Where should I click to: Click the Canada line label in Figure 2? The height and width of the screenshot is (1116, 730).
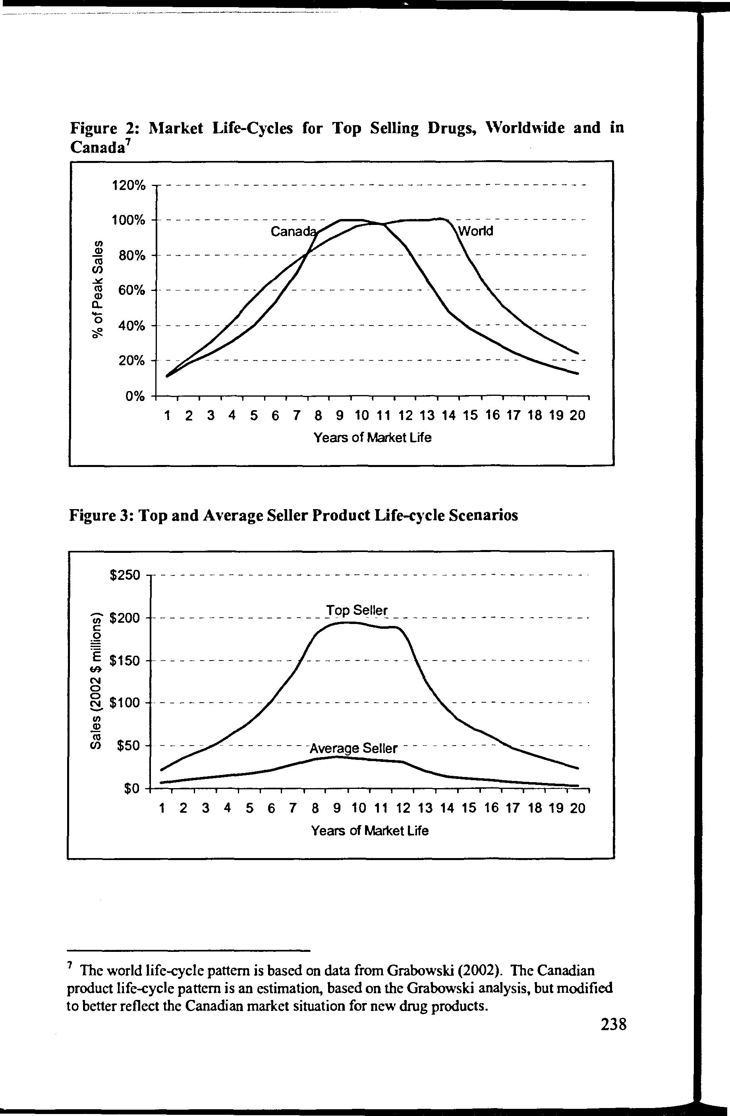pos(292,232)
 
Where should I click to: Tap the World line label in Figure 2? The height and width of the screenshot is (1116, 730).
pos(475,231)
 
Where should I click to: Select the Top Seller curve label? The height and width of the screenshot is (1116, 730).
pos(357,610)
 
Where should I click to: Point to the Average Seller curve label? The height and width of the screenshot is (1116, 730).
pos(353,748)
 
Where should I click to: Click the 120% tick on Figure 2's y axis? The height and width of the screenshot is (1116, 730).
pos(128,186)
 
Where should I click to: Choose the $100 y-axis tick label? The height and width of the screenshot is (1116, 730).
pos(125,703)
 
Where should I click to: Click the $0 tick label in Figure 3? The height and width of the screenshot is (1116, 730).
pos(132,790)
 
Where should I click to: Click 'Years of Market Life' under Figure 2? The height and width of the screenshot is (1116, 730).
pos(372,438)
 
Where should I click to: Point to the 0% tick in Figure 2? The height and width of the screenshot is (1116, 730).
pos(135,397)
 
